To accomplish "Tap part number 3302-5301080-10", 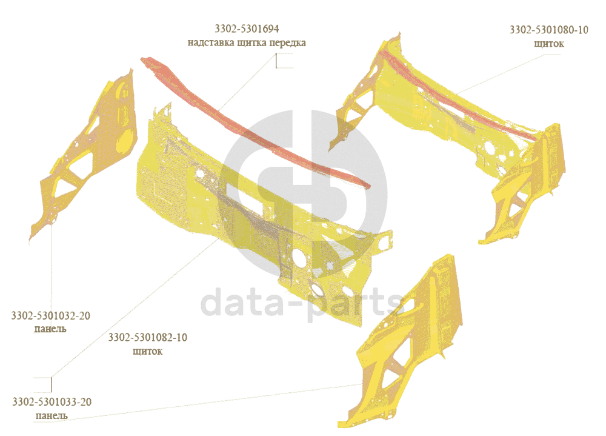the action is pyautogui.click(x=549, y=30).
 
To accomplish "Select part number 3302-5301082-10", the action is pyautogui.click(x=147, y=337).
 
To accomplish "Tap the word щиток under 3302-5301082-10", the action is pyautogui.click(x=147, y=350).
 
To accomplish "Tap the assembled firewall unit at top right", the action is pyautogui.click(x=448, y=109).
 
